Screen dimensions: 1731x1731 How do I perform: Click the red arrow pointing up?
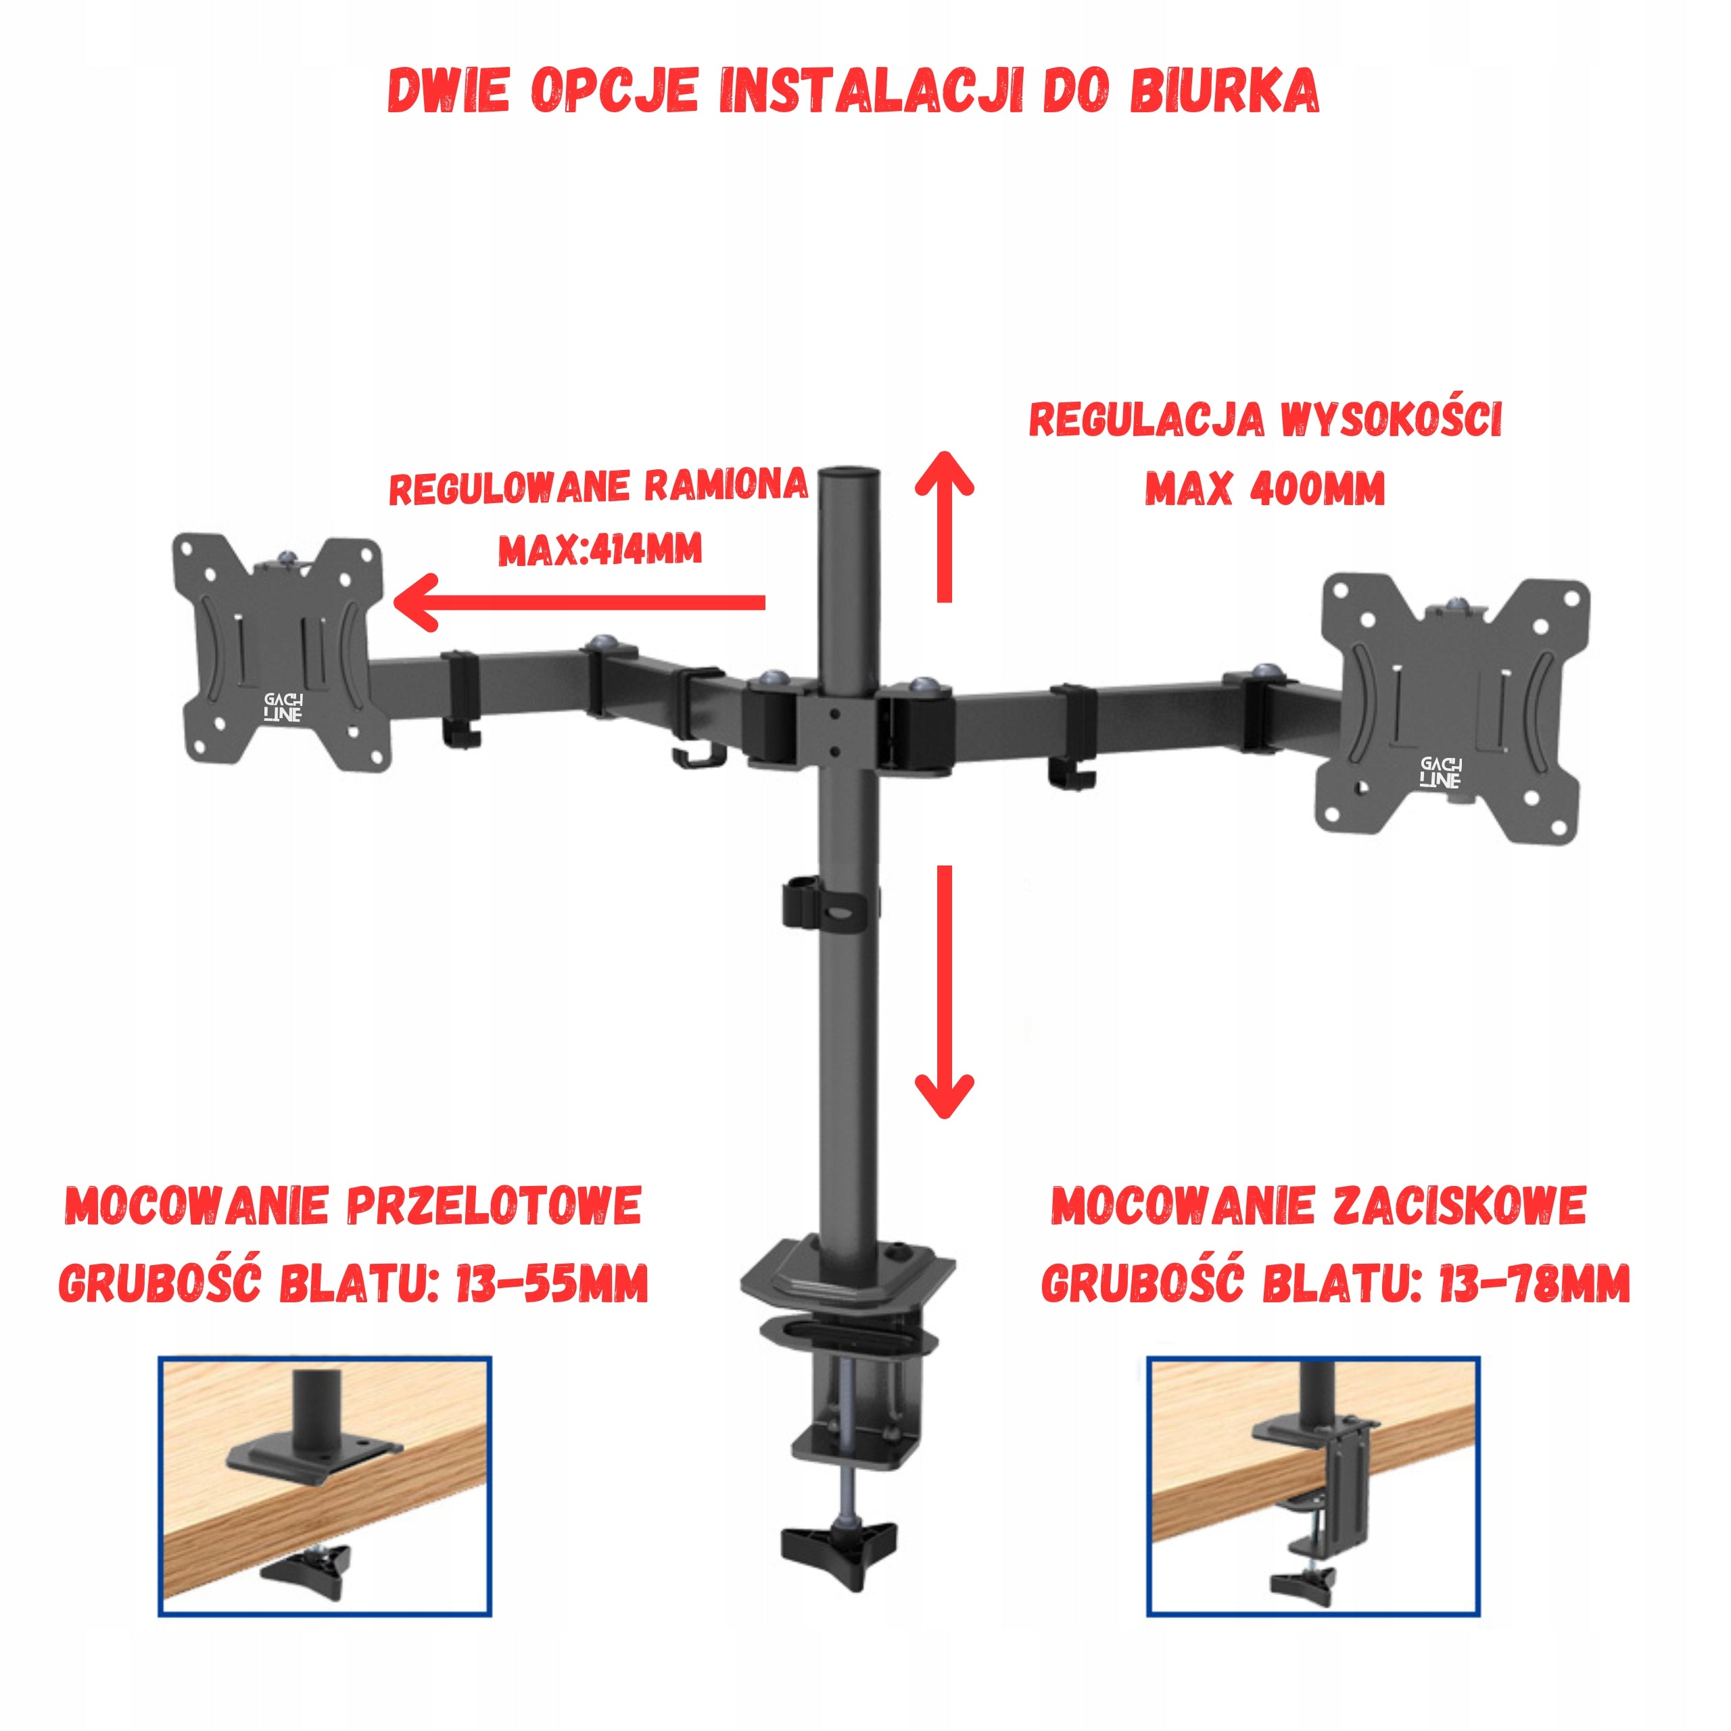(943, 526)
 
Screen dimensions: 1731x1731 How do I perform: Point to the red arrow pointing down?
(943, 992)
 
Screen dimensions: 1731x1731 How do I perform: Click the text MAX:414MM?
(600, 548)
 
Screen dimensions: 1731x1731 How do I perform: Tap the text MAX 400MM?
(1264, 488)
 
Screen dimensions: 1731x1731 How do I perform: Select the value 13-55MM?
(551, 1284)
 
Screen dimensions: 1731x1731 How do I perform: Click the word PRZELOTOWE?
(494, 1206)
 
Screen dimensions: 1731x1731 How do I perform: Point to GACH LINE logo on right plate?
(1441, 772)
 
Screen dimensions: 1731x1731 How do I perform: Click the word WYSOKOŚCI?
(1390, 419)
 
